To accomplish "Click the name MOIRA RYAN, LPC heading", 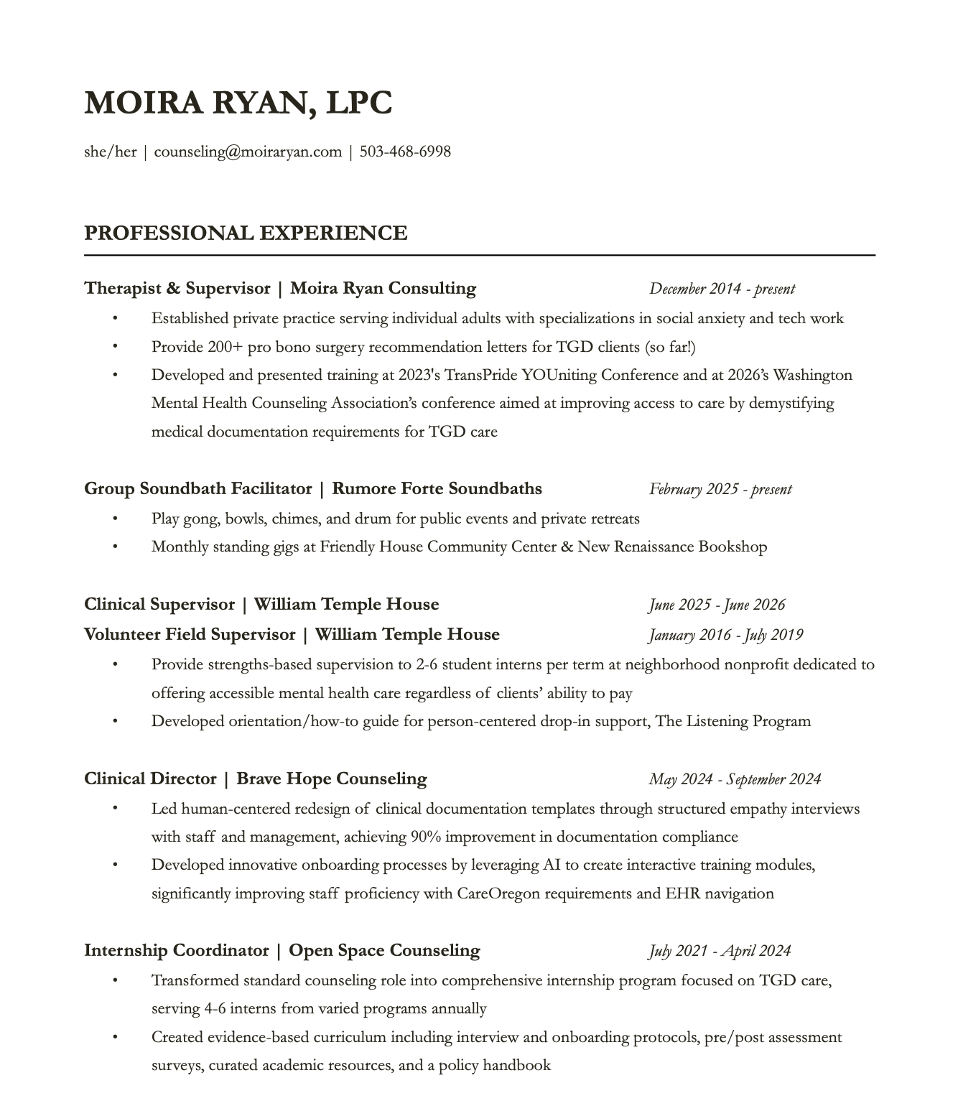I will pos(238,103).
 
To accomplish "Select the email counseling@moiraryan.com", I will pos(248,152).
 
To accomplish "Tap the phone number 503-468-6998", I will pos(405,152).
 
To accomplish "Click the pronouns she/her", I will pos(110,152).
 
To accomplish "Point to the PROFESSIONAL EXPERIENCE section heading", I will pos(246,233).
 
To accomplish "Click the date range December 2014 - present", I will pos(722,289).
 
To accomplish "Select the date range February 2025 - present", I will pos(720,489).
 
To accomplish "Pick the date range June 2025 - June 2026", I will pos(717,605).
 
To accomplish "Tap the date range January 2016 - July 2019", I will pos(725,635).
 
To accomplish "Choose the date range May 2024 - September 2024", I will pos(735,779).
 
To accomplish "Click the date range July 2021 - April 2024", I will pos(720,951).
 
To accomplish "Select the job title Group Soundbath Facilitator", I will pos(197,489).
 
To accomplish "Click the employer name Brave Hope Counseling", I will pos(332,779).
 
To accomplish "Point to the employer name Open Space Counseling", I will pos(384,951).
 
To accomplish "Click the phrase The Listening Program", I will pos(733,721).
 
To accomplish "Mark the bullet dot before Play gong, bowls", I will pos(114,519).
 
